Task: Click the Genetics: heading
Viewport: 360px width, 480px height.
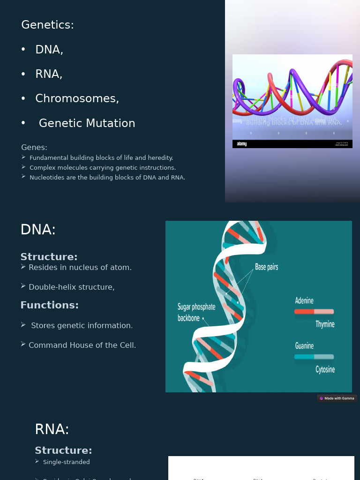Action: point(47,25)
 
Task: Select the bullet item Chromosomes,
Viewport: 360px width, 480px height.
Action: point(77,98)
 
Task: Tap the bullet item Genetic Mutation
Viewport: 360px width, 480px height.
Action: point(87,123)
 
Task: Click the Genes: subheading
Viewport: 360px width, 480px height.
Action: point(34,147)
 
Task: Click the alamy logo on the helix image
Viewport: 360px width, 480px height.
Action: point(242,144)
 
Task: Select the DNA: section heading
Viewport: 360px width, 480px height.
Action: point(38,230)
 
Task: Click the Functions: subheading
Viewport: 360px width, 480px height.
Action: point(49,305)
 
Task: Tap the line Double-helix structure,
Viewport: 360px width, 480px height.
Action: point(71,287)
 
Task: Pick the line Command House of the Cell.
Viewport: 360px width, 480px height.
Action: point(82,345)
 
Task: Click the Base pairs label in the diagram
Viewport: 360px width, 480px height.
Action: point(266,267)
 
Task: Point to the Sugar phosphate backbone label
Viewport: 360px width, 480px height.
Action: point(196,313)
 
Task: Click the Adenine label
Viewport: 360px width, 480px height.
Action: point(304,300)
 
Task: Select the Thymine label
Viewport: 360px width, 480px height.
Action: point(325,324)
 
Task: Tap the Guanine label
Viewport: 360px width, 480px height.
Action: point(304,346)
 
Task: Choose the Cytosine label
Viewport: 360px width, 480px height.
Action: point(325,369)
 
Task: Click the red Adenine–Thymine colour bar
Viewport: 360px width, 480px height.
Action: point(314,312)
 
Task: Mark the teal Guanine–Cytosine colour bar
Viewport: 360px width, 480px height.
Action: point(314,357)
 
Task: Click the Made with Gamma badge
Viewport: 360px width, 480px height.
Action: point(337,398)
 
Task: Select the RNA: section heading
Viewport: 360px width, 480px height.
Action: point(52,429)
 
